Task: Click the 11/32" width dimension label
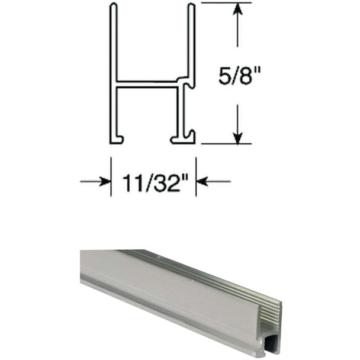pyautogui.click(x=154, y=181)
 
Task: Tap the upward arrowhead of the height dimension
pyautogui.click(x=237, y=9)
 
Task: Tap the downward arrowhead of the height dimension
pyautogui.click(x=237, y=138)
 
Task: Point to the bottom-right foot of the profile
pyautogui.click(x=183, y=140)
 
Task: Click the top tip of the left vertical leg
pyautogui.click(x=112, y=6)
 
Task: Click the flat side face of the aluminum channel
pyautogui.click(x=178, y=290)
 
